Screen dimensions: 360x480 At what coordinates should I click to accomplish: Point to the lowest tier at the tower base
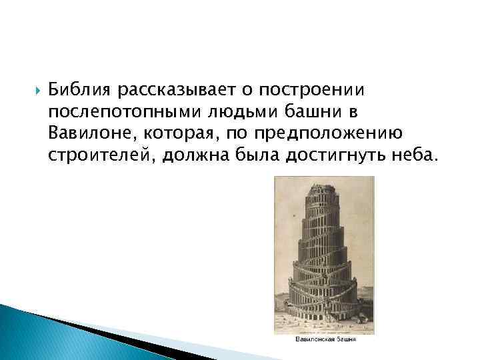coord(323,310)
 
